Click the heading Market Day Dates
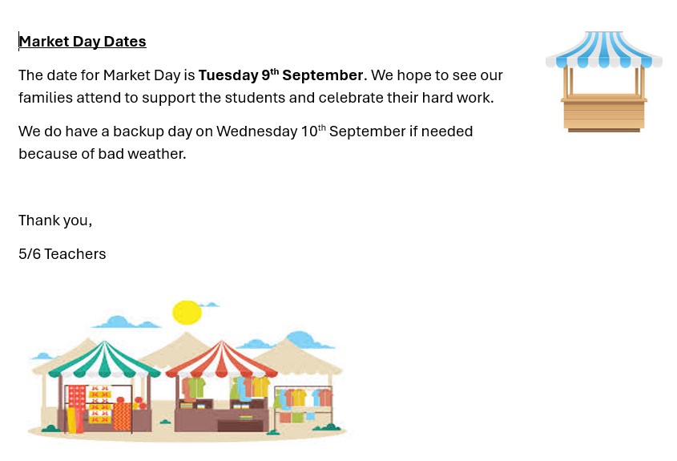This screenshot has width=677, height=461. pos(83,42)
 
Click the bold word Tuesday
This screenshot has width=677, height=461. pos(228,75)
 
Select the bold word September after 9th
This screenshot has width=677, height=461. pos(323,75)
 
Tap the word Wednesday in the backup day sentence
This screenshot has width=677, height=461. pos(257,131)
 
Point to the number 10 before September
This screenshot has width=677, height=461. pos(309,131)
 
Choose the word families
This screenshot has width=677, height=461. pos(46,98)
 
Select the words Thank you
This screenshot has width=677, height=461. pos(55,220)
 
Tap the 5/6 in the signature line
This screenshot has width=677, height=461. pos(30,254)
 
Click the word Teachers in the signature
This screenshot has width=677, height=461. pos(75,254)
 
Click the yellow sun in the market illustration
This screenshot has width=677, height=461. pos(187,313)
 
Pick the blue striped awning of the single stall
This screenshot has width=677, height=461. pos(603,50)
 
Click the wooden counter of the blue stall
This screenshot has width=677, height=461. pos(603,113)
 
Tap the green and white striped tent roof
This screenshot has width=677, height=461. pos(104,359)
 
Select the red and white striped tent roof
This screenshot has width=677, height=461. pos(221,359)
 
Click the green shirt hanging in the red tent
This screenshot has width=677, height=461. pos(196,387)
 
